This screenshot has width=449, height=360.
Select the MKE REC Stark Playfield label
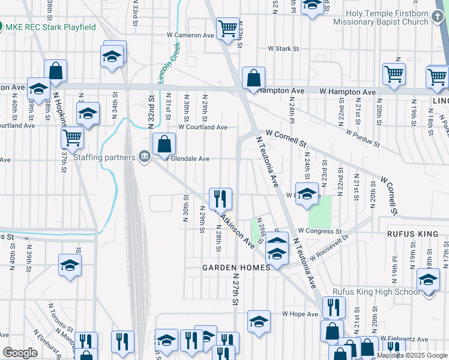click(50, 27)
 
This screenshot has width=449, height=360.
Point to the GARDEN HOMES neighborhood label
click(235, 268)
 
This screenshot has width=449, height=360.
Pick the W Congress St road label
click(319, 231)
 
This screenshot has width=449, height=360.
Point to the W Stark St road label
click(283, 48)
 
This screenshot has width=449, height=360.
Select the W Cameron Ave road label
click(190, 35)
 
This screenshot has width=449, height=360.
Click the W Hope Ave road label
click(300, 314)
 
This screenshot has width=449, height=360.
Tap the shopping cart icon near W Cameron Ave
click(228, 28)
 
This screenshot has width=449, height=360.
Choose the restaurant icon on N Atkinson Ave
click(220, 197)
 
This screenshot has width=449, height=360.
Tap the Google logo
click(20, 353)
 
